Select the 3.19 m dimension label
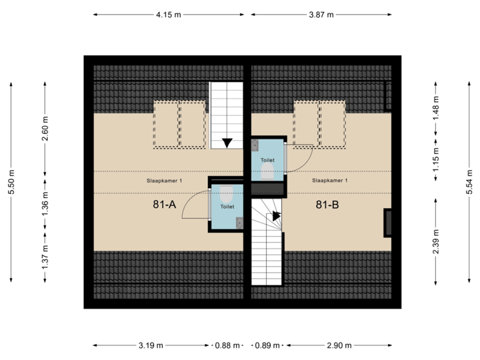tap(151, 345)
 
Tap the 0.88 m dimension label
tap(227, 345)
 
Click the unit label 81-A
tap(164, 205)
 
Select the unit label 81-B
tap(327, 205)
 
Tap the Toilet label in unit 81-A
tap(227, 207)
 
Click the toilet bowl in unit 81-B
tap(268, 172)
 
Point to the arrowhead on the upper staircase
tap(227, 142)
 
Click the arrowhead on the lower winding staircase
tap(275, 215)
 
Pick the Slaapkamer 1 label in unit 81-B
tap(329, 180)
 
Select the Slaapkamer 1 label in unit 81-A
tap(164, 180)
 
